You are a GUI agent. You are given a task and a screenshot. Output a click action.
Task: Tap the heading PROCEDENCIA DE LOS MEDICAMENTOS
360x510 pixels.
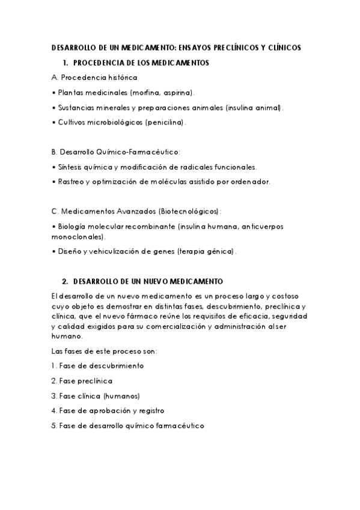(x=141, y=63)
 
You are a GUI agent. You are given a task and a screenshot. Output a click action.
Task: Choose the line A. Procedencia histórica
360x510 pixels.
(x=95, y=78)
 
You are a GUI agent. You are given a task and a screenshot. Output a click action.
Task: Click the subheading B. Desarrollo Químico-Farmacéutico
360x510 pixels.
(x=116, y=152)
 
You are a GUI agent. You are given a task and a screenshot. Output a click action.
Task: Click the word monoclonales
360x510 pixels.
(x=77, y=237)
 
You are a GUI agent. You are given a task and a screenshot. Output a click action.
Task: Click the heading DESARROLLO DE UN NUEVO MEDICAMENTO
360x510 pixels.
(x=147, y=281)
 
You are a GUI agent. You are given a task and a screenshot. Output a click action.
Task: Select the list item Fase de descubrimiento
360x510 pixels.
(x=100, y=365)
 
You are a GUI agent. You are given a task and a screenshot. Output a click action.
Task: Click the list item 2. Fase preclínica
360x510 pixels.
(x=81, y=381)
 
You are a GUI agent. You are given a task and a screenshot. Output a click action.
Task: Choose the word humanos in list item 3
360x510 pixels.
(x=122, y=396)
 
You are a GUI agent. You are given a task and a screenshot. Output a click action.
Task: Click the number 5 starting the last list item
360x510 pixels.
(x=53, y=426)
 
